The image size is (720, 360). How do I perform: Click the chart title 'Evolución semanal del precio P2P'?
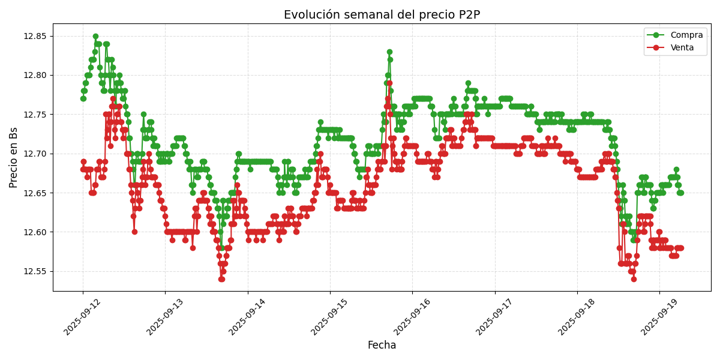point(382,15)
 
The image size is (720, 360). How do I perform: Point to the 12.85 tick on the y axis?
point(35,36)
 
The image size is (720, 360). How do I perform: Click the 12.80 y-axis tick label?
point(35,76)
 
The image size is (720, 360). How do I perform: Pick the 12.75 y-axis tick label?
point(35,115)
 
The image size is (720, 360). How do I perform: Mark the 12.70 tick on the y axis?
point(35,154)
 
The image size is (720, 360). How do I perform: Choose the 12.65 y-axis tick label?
point(35,193)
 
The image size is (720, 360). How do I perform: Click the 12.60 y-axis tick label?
point(35,232)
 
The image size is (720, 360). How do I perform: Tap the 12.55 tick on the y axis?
point(35,271)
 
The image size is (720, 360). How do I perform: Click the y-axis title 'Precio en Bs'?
point(13,157)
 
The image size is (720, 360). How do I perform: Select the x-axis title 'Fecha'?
point(382,346)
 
